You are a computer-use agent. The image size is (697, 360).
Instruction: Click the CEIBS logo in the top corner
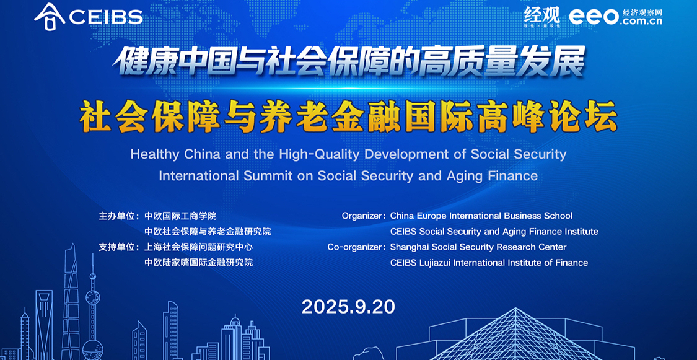(89, 17)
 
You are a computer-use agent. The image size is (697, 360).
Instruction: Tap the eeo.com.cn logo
(616, 16)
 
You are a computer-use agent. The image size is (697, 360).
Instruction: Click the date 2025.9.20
(348, 307)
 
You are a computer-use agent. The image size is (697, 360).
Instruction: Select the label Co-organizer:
(356, 247)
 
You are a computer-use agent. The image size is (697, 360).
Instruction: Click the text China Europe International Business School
(481, 216)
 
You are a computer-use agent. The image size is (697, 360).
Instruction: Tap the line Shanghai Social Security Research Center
(478, 247)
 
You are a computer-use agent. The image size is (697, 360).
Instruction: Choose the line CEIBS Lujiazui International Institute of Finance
(489, 263)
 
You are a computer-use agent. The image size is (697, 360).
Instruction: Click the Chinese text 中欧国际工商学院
(180, 216)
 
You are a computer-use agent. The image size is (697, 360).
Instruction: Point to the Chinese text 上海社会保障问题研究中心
(199, 247)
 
